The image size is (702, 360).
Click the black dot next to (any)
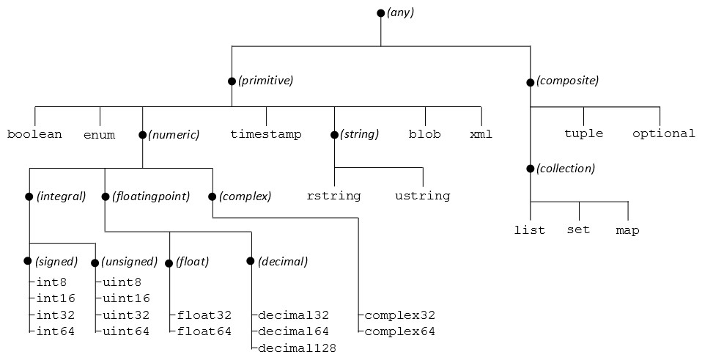point(380,13)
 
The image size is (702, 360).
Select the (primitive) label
point(265,81)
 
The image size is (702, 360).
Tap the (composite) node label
point(567,81)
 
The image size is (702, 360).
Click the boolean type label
point(34,134)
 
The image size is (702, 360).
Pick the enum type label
point(99,135)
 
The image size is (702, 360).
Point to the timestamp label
point(266,134)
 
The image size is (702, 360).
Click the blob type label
point(425,134)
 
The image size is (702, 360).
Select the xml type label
point(481,134)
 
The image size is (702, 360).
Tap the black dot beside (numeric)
point(142,135)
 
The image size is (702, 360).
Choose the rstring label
point(334,196)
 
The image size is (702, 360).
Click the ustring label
point(423,196)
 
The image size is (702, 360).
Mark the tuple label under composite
point(584,133)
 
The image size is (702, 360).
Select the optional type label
point(664,133)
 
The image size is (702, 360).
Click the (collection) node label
point(566,169)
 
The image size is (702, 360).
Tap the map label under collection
point(627,230)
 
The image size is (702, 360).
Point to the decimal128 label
point(298,348)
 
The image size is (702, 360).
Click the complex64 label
point(399,331)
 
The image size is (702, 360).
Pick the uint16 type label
point(126,298)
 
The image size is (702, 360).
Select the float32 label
point(204,315)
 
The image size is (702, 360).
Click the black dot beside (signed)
point(28,262)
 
